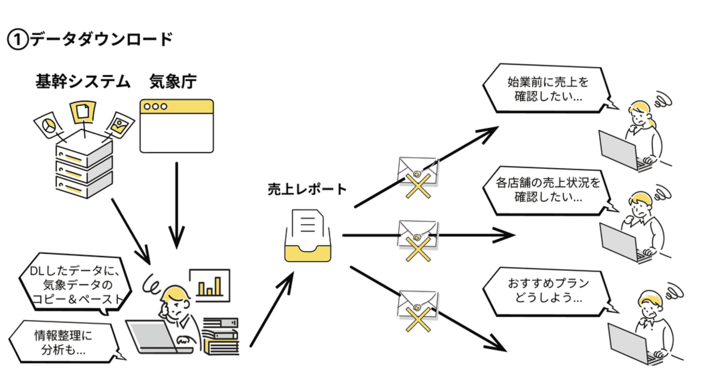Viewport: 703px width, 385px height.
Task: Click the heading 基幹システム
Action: pyautogui.click(x=83, y=82)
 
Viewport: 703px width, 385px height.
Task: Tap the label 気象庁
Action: pyautogui.click(x=173, y=82)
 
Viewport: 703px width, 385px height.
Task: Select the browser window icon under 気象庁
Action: pyautogui.click(x=176, y=126)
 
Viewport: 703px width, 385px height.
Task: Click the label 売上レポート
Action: pyautogui.click(x=307, y=189)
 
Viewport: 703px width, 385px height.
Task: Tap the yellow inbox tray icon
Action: pyautogui.click(x=308, y=237)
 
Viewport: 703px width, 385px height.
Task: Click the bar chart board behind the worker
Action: pyautogui.click(x=209, y=285)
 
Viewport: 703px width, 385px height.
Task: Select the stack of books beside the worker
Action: pyautogui.click(x=220, y=337)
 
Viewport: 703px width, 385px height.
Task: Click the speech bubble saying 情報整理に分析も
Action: pyautogui.click(x=64, y=342)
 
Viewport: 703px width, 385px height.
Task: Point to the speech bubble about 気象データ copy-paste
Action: pyautogui.click(x=76, y=284)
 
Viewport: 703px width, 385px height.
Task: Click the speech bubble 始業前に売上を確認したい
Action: pyautogui.click(x=547, y=89)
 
